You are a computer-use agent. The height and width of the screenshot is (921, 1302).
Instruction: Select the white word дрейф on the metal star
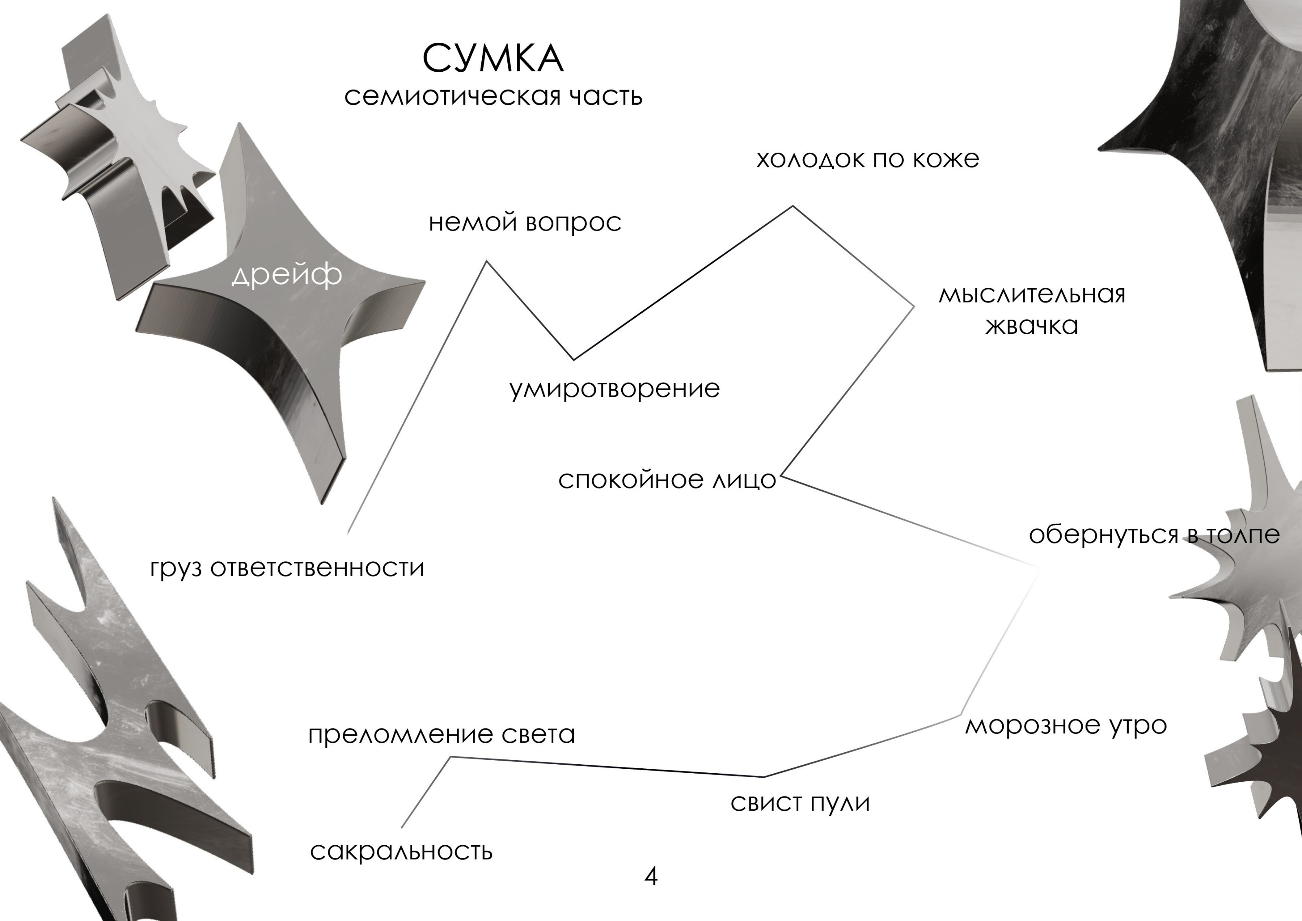(x=287, y=276)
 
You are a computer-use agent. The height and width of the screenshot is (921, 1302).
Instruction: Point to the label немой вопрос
(x=524, y=222)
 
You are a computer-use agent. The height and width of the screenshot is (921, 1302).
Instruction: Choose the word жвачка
(x=1031, y=326)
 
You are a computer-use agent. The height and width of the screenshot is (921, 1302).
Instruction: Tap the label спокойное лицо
(x=667, y=480)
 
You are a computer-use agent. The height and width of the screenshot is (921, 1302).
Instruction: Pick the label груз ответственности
(x=287, y=568)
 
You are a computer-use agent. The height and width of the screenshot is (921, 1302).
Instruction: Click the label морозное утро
(x=1066, y=725)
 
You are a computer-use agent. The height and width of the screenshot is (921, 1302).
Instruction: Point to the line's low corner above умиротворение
(x=573, y=359)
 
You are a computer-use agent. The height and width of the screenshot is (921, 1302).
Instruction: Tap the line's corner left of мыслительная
(x=913, y=307)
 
